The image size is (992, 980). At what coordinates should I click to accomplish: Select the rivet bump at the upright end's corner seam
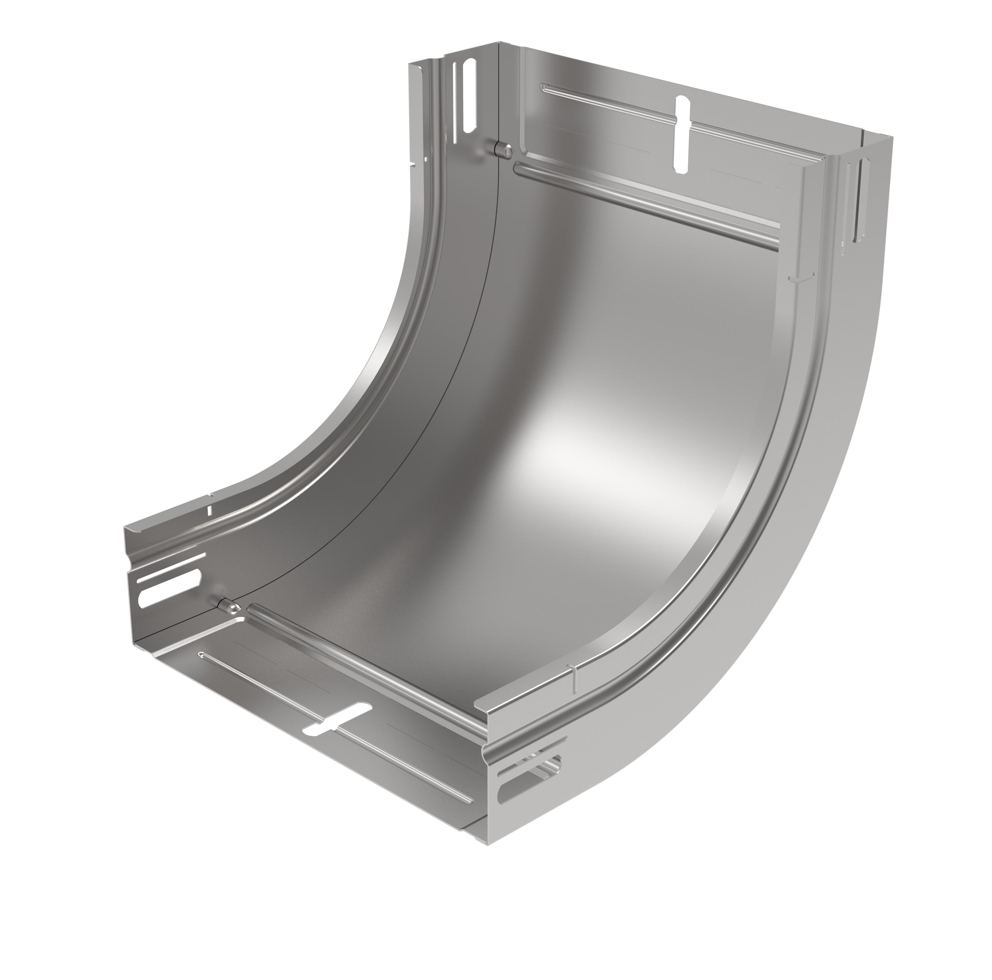click(x=502, y=149)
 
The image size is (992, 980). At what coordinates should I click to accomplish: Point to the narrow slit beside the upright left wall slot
click(x=455, y=110)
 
